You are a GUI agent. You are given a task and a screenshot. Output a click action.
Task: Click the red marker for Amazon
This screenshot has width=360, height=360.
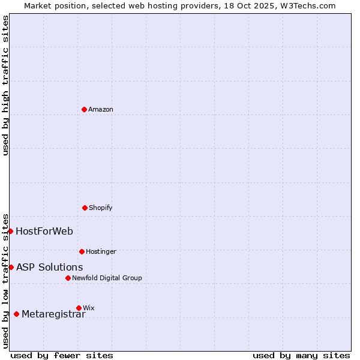(x=84, y=109)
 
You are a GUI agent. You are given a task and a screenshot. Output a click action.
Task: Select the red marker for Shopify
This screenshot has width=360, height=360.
(x=85, y=208)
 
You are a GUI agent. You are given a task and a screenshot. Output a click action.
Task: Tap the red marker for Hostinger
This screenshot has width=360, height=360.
(x=82, y=251)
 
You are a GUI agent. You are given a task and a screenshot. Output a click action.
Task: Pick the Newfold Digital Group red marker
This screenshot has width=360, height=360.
(x=68, y=278)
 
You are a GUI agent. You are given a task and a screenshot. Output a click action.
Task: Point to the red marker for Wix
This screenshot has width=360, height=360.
(x=79, y=308)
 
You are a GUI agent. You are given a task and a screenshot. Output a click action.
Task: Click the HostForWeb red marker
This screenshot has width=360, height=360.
(x=10, y=231)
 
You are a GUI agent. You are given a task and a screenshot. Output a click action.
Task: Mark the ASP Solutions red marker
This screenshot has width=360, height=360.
(x=11, y=267)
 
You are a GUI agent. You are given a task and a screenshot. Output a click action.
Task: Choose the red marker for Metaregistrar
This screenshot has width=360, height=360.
(x=16, y=314)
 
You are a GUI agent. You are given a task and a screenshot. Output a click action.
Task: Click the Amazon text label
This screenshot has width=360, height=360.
(x=101, y=109)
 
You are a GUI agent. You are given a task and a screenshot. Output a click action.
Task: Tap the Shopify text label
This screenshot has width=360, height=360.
(x=101, y=208)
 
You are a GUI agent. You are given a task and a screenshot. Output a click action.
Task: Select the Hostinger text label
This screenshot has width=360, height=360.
(x=101, y=251)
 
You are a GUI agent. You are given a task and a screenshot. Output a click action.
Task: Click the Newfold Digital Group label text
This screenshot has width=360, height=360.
(x=107, y=278)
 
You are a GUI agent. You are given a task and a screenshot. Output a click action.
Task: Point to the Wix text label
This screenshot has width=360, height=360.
(x=89, y=308)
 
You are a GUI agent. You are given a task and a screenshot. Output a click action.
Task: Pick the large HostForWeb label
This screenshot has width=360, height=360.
(x=44, y=231)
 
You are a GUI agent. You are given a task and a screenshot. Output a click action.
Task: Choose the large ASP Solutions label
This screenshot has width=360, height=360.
(x=50, y=267)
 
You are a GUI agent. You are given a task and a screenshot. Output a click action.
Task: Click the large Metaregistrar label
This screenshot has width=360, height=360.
(x=53, y=314)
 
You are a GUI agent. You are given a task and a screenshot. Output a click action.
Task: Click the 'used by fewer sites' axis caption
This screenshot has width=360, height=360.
(x=62, y=355)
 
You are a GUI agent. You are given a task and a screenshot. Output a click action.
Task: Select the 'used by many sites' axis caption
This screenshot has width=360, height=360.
(x=301, y=355)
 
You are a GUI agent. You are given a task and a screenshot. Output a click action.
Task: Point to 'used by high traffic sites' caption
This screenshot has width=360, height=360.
(x=5, y=85)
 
